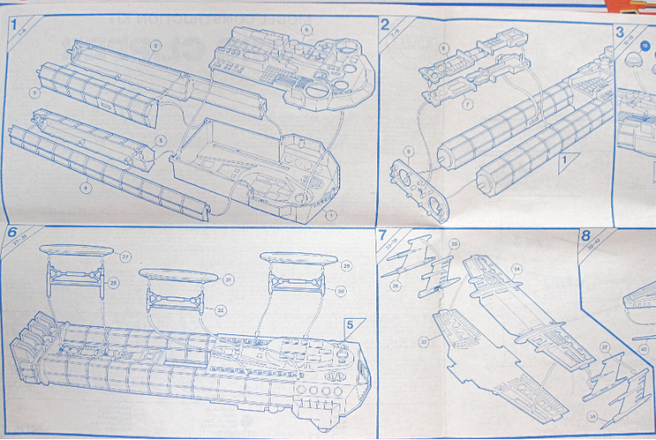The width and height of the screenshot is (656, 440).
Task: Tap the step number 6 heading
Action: click(x=12, y=232)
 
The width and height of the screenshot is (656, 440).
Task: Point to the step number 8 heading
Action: click(x=585, y=236)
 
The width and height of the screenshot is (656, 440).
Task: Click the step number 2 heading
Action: click(x=385, y=25)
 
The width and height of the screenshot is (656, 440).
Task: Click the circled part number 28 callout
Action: click(x=114, y=284)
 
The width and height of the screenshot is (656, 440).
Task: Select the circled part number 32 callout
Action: click(x=220, y=310)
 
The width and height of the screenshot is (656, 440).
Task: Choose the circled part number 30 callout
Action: click(x=339, y=290)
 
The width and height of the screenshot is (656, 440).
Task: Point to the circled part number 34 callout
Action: click(x=517, y=268)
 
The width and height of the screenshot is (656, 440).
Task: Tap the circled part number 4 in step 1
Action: click(x=85, y=188)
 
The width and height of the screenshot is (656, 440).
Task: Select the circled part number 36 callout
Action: click(x=395, y=285)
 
